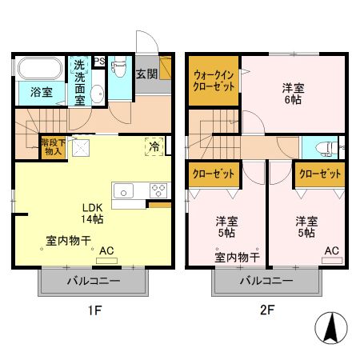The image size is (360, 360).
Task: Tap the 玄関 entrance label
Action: (146, 74)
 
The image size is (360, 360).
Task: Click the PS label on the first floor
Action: (99, 61)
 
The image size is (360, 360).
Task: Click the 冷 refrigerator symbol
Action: (152, 146)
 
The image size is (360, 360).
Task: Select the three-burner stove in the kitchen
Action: (158, 190)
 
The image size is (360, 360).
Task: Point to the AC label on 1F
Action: (107, 250)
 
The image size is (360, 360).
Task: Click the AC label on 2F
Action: (331, 250)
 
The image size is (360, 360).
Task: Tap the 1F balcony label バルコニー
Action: (93, 282)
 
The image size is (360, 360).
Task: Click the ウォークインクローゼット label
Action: (214, 82)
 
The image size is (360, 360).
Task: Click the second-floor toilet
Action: (325, 148)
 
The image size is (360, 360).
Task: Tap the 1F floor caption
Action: (94, 309)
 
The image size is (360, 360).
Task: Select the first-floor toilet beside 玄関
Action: (118, 70)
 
